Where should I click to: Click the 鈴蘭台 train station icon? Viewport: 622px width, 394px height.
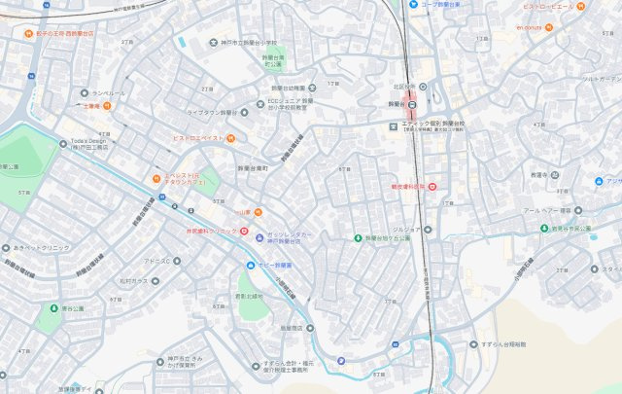click(x=412, y=105)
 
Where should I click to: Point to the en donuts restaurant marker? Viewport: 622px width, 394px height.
click(x=549, y=27)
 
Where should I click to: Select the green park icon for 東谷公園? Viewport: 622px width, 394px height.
click(x=50, y=307)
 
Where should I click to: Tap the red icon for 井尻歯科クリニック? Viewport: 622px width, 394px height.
click(x=230, y=232)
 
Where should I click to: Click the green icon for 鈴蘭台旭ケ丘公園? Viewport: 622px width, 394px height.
click(x=357, y=237)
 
